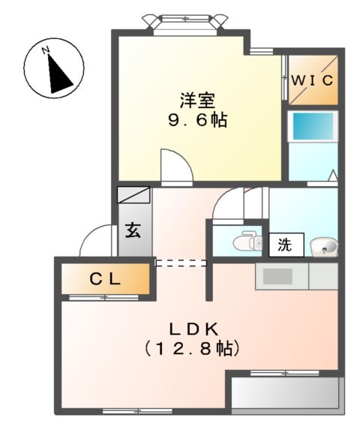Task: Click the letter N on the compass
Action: pyautogui.click(x=46, y=51)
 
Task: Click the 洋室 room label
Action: pyautogui.click(x=196, y=98)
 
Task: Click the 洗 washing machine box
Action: pyautogui.click(x=286, y=244)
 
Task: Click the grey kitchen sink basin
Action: pyautogui.click(x=277, y=276)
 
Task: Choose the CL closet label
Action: pyautogui.click(x=105, y=280)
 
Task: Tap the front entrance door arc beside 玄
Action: pyautogui.click(x=96, y=241)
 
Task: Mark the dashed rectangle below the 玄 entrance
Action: pyautogui.click(x=180, y=263)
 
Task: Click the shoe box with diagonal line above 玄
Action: pyautogui.click(x=134, y=195)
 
